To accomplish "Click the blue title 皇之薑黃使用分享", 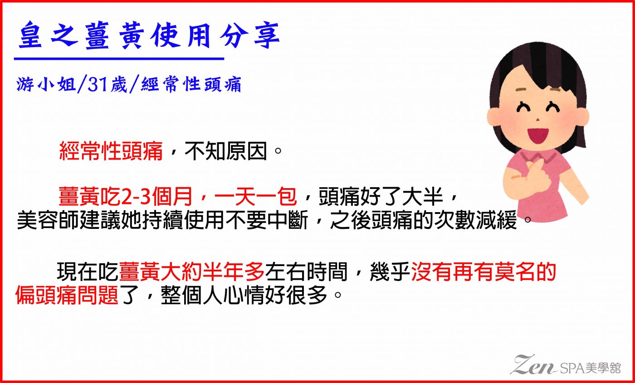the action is click(149, 35).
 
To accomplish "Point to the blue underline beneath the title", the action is click(119, 59).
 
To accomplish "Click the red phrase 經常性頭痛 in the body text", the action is click(111, 150).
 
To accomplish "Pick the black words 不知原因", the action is click(226, 150).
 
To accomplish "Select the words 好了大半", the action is click(401, 196).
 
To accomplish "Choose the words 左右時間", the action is click(306, 271).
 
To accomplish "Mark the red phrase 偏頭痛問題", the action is click(67, 295).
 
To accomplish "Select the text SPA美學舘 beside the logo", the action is click(590, 368).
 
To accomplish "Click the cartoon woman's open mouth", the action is click(538, 135).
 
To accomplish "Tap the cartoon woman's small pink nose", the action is click(538, 119).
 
